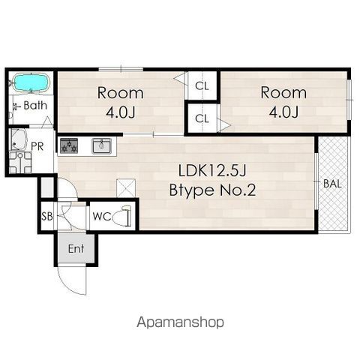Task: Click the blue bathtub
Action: click(x=31, y=82)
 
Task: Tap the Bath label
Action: click(x=35, y=106)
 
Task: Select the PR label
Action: click(x=37, y=146)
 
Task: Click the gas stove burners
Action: click(x=69, y=145)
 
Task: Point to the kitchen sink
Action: click(x=101, y=145)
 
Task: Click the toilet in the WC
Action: click(x=121, y=215)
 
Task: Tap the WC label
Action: click(x=101, y=217)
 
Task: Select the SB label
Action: click(x=47, y=217)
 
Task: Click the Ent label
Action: click(x=76, y=249)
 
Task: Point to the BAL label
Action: click(x=332, y=184)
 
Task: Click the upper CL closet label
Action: click(x=202, y=86)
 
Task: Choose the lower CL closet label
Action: click(x=202, y=118)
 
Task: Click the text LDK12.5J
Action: click(x=212, y=171)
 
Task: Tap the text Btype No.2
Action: click(x=212, y=190)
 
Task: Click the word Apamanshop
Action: click(x=180, y=322)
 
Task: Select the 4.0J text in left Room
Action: click(x=121, y=112)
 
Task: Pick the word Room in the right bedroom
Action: click(x=283, y=92)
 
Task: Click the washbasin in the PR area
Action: click(x=19, y=139)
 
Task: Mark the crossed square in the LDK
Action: click(x=126, y=187)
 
